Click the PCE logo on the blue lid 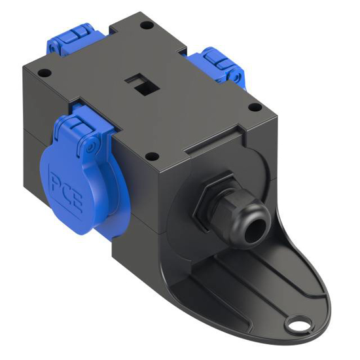[x=66, y=186]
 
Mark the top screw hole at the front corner [x=151, y=156]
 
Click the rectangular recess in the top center [x=138, y=83]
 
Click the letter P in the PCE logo [x=55, y=179]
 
